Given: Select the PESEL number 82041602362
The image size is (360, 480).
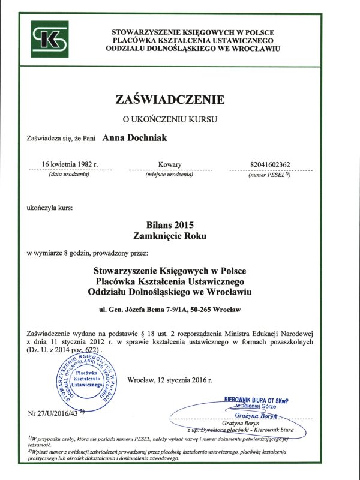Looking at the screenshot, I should click(x=268, y=164).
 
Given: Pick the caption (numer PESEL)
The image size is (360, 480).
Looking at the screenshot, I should click(x=268, y=175).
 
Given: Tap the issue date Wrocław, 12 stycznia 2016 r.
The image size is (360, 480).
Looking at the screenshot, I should click(x=170, y=380).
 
